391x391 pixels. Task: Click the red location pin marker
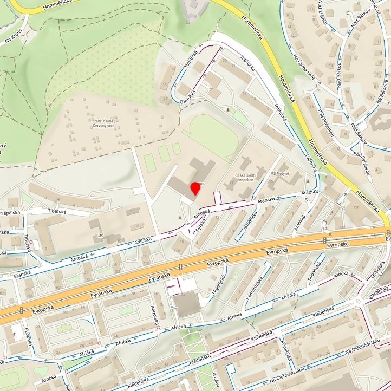click(x=195, y=189)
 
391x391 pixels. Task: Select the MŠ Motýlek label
click(x=280, y=174)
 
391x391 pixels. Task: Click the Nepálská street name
click(x=10, y=213)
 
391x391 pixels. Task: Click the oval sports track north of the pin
click(x=213, y=135)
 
